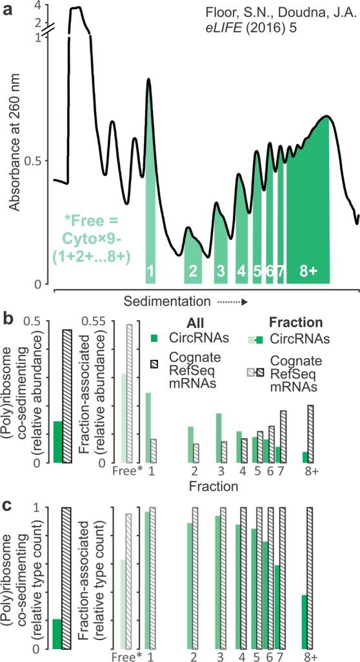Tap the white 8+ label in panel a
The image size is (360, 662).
coord(308,272)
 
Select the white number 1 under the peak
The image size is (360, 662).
coord(150,272)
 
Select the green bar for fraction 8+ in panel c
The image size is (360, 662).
coord(305,621)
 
